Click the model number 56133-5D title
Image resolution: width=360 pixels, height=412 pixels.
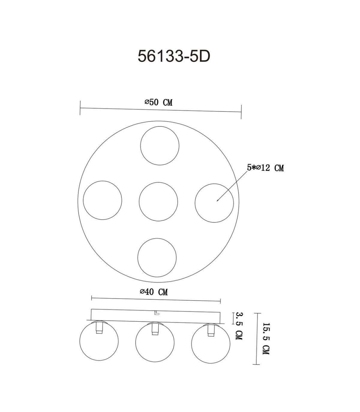click(x=174, y=56)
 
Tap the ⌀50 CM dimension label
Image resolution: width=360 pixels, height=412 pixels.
click(x=158, y=102)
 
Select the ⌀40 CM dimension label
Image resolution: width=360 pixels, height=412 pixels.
click(x=154, y=292)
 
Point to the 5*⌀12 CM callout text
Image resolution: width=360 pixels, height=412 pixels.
click(x=265, y=168)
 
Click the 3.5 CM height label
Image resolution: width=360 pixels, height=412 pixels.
click(x=239, y=326)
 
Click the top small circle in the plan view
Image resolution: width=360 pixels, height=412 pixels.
click(x=160, y=146)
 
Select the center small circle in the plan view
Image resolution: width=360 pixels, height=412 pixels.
click(x=158, y=201)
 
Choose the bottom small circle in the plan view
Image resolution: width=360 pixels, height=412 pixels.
click(x=157, y=258)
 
